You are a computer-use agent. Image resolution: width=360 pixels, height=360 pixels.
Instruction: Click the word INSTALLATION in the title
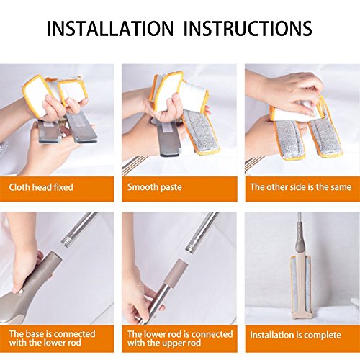(x=109, y=29)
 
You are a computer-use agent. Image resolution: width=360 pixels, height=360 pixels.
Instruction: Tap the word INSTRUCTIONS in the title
(x=248, y=29)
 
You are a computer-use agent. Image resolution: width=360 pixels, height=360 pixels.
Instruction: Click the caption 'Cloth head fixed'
(x=41, y=187)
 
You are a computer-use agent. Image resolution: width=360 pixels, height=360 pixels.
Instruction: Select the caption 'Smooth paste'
(x=155, y=187)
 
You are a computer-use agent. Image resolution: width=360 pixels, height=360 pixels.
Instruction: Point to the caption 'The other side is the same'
(x=301, y=187)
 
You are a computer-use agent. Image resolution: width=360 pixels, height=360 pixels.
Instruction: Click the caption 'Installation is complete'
(x=295, y=335)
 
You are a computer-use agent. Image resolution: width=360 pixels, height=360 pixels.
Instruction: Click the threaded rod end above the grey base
(x=68, y=241)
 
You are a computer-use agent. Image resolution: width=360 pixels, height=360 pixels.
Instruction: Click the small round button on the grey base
(x=21, y=292)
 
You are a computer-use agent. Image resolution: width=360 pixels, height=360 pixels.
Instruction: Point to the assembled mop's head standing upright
(x=301, y=287)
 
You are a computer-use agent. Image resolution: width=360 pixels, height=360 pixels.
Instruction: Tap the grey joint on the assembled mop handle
(x=300, y=240)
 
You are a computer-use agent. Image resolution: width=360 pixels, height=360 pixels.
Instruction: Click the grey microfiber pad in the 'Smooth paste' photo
(x=201, y=131)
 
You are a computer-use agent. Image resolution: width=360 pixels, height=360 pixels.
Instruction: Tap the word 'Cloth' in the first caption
(x=19, y=187)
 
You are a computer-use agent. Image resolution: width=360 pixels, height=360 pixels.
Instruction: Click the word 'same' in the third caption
(x=341, y=187)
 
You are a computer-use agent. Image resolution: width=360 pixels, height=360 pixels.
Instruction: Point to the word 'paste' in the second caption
(x=171, y=188)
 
